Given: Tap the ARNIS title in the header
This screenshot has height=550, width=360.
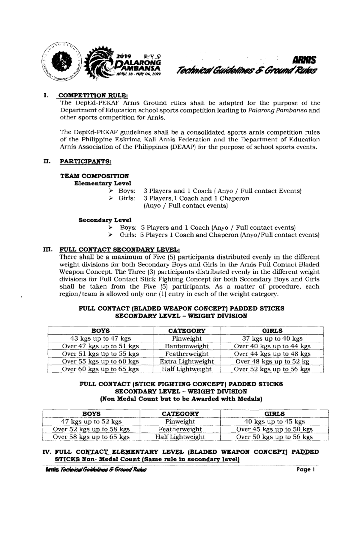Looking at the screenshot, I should [x=305, y=60].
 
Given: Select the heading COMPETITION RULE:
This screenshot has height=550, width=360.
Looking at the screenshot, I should [x=93, y=96].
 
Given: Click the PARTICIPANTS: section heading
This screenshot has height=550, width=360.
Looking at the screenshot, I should [x=85, y=162].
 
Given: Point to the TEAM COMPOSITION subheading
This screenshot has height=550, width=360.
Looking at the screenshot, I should [x=94, y=176].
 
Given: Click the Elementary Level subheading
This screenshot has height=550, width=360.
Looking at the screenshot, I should [x=103, y=183].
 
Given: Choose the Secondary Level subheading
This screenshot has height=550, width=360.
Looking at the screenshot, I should [x=105, y=220].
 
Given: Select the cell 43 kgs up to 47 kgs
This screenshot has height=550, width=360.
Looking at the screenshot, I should [x=100, y=339].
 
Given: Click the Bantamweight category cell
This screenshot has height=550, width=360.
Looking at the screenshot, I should [x=187, y=346].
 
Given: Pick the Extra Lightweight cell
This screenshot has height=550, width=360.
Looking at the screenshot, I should [x=187, y=361].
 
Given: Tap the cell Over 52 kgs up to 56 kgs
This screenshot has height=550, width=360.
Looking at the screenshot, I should [x=272, y=369].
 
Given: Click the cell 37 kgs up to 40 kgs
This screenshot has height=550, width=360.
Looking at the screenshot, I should [x=272, y=339].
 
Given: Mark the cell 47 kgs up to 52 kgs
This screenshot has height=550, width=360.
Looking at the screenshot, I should [x=91, y=421].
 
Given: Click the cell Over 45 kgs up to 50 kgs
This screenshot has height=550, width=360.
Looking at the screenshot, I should [x=274, y=429].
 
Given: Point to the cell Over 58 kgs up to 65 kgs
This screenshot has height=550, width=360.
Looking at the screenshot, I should [x=91, y=437].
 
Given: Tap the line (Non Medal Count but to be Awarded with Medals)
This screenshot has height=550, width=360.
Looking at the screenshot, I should [x=181, y=399].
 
